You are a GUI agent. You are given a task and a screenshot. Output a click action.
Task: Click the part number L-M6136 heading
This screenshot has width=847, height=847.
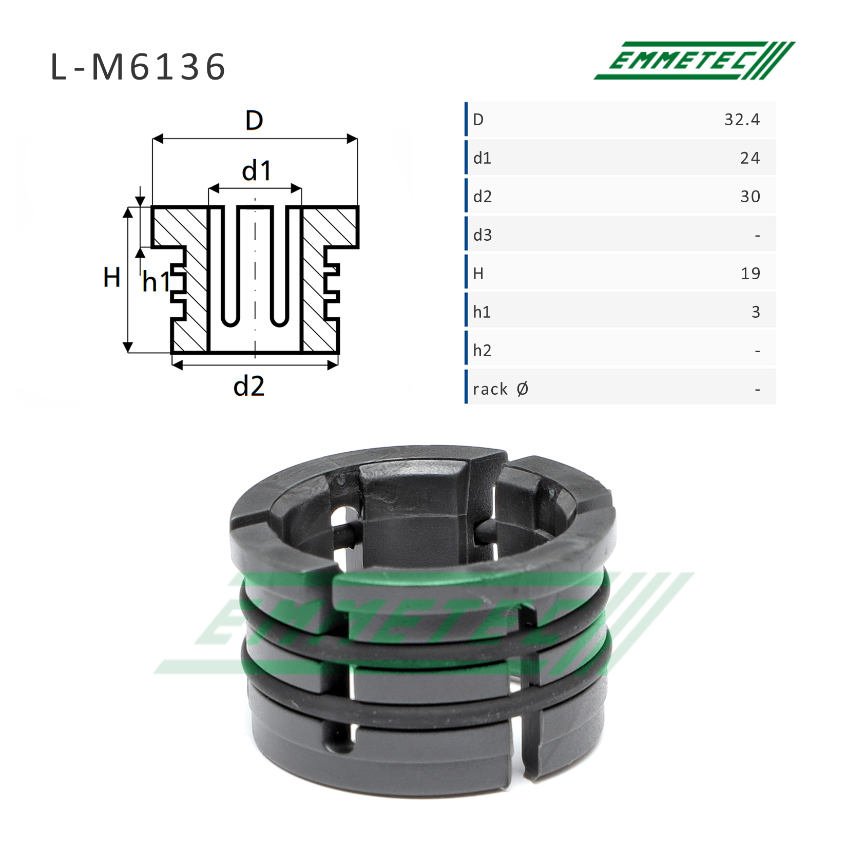138,67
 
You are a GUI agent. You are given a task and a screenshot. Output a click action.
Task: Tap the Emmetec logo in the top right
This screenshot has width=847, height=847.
695,61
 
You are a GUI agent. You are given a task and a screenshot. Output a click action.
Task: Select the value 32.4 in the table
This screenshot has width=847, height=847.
742,120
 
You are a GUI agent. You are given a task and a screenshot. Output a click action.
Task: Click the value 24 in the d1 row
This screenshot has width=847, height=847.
750,158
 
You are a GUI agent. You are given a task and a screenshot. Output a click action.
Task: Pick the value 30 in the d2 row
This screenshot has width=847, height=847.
750,197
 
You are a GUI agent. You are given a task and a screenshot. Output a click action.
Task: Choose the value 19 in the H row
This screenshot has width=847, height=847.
750,274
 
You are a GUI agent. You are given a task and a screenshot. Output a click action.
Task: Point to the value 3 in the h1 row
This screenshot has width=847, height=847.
756,312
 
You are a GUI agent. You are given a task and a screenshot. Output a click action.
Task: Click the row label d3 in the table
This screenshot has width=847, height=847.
483,235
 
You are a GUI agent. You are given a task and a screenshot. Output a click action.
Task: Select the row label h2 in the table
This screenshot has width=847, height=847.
483,351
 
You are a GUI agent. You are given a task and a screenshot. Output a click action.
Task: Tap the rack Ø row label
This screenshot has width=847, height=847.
500,389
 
